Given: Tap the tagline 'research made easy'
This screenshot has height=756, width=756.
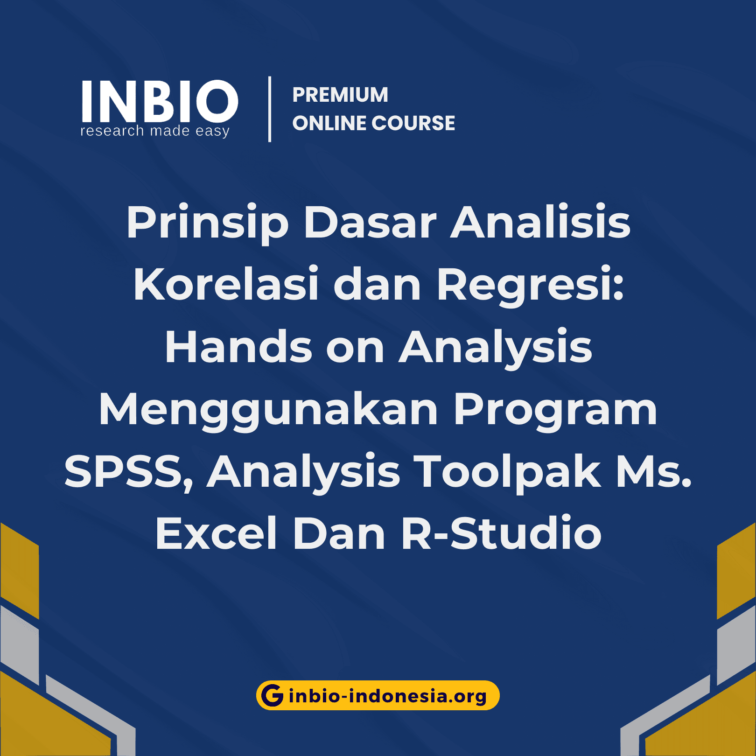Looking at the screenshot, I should [155, 131].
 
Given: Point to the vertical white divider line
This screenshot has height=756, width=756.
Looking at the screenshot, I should [270, 109].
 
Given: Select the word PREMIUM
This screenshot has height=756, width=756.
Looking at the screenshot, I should [340, 95].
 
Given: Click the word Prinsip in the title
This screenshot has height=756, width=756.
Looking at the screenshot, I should [208, 223].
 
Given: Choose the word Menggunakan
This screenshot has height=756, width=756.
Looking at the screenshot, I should [268, 411].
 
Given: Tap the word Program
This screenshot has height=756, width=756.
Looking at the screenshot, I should [555, 411].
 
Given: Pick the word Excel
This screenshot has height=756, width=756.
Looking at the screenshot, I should [217, 534].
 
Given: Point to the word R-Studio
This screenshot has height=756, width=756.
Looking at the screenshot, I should [501, 534].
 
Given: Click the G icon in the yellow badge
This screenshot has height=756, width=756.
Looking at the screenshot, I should [272, 695].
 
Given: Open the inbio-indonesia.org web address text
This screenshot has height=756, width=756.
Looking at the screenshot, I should [387, 696].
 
